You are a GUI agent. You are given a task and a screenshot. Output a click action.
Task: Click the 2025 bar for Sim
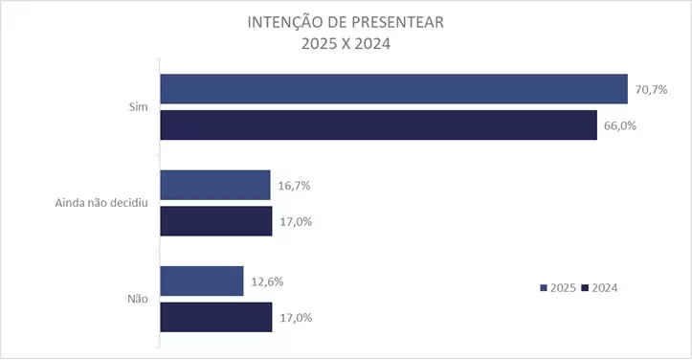pos(393,89)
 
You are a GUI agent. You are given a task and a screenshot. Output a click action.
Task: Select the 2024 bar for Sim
pos(378,125)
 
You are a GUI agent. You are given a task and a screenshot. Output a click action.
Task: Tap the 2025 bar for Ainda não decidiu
pos(215,185)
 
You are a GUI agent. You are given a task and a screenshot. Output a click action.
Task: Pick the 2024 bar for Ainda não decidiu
pos(216,221)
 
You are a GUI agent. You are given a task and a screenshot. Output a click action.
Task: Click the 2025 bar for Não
pos(202,281)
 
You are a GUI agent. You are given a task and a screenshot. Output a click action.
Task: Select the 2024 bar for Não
pos(216,317)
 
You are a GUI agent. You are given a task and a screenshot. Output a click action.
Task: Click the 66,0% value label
pos(618,125)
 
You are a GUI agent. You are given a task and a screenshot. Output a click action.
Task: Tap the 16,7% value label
pos(292,185)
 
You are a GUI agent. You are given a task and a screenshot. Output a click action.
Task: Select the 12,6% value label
pos(264,281)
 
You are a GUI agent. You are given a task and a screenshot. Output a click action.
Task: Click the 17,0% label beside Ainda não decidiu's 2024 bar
pos(293,221)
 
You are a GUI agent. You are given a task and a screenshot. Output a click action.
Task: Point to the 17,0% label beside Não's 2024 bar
pos(293,317)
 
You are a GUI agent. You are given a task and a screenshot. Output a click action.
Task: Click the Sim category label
pos(136,107)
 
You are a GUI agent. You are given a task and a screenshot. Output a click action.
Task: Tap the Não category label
pos(136,299)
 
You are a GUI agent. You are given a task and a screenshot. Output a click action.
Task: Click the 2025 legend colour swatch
pos(544,288)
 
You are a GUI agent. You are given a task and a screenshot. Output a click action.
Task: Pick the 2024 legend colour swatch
pos(585,288)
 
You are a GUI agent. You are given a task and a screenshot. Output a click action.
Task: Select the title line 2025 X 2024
pos(346,43)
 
